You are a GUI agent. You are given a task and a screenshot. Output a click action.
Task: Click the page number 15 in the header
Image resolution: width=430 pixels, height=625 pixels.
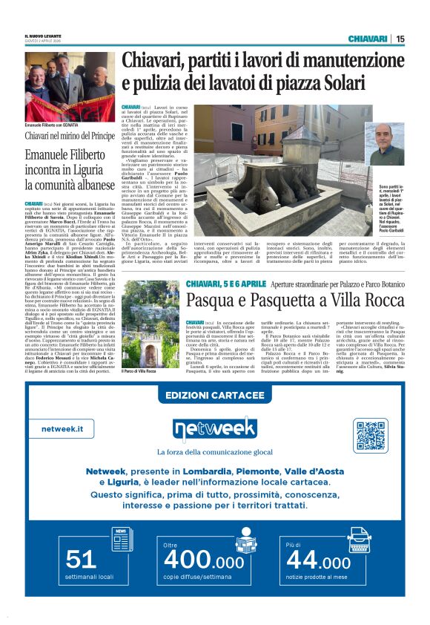click(401, 39)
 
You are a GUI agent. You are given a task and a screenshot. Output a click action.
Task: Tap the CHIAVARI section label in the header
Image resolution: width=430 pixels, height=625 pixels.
click(368, 39)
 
